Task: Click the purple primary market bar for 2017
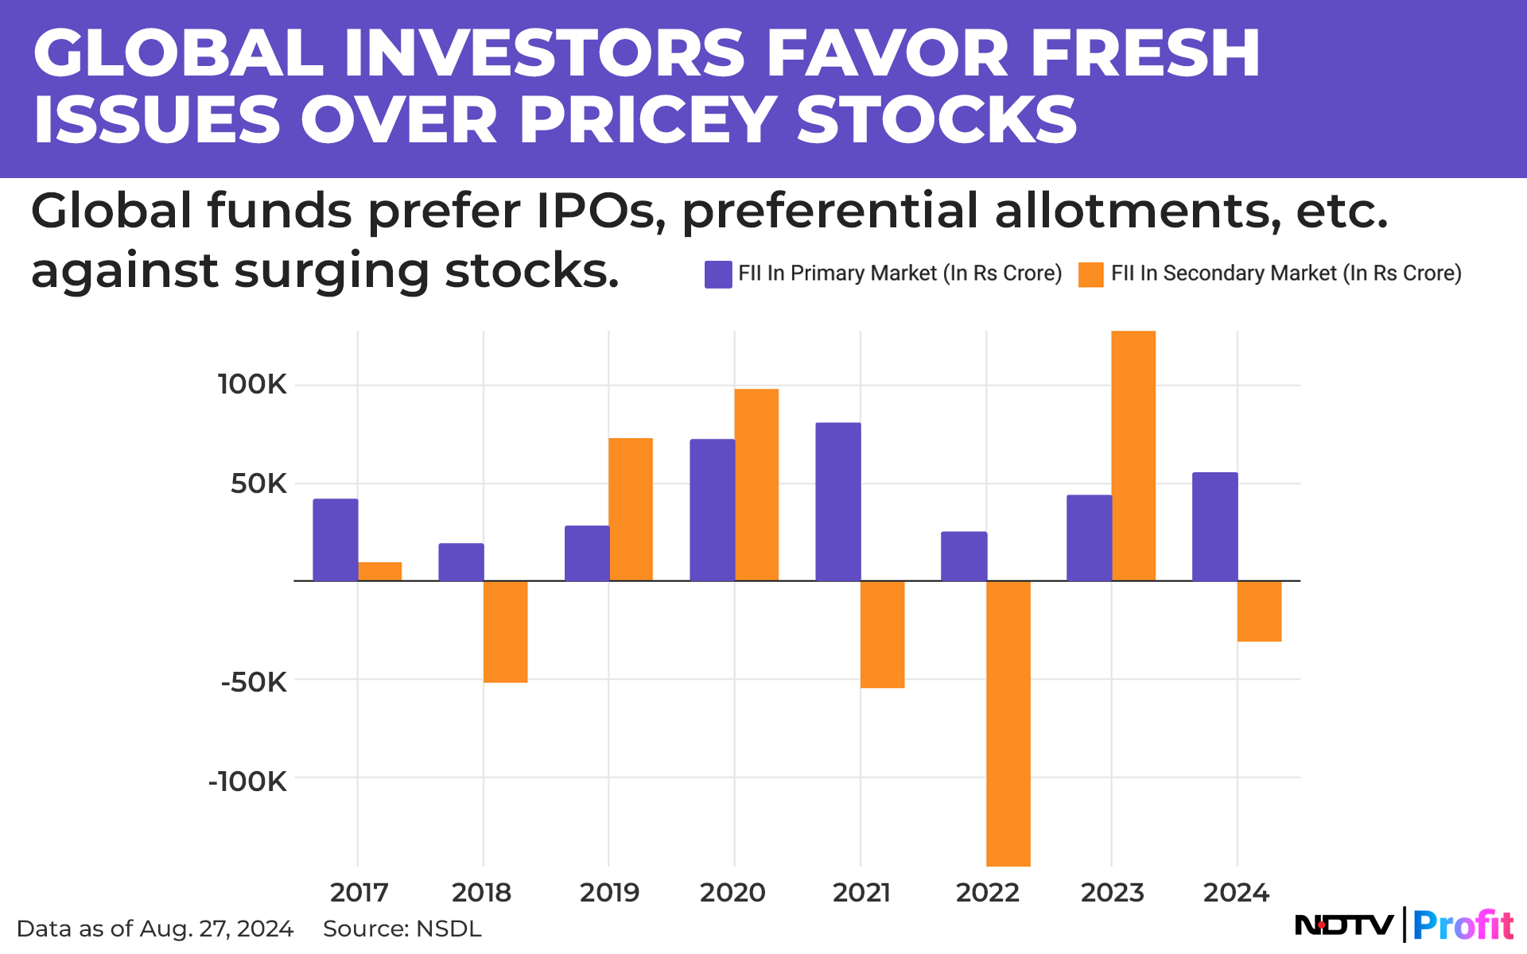(x=335, y=540)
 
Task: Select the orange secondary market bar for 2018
(x=505, y=631)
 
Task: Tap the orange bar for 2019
(x=630, y=509)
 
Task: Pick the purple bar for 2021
(x=837, y=502)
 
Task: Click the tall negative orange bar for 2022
(x=1008, y=723)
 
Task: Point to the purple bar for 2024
(x=1214, y=526)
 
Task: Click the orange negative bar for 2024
(x=1259, y=611)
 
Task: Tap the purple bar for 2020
(x=712, y=510)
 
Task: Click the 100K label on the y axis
(x=252, y=385)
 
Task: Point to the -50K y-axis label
(x=254, y=682)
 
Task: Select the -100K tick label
(x=247, y=781)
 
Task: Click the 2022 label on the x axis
(x=987, y=893)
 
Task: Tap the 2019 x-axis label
(x=609, y=893)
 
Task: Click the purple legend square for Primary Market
(x=718, y=274)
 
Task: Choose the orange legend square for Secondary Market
(x=1090, y=274)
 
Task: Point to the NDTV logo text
(x=1344, y=925)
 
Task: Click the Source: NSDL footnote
(x=402, y=929)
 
